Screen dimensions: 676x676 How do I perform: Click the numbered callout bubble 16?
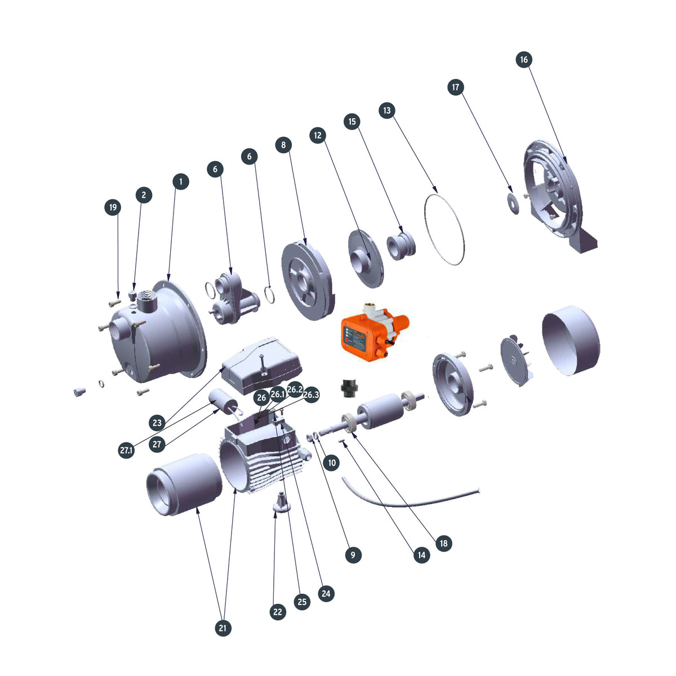point(523,60)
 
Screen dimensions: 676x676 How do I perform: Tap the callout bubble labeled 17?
point(456,87)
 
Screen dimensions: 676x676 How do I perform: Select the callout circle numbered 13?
point(386,110)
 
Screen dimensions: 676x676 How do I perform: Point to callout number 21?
point(224,628)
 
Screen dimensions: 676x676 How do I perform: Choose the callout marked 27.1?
point(127,450)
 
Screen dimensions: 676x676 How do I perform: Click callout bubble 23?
point(157,422)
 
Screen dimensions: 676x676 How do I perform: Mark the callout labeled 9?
point(353,555)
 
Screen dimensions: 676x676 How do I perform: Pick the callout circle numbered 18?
point(444,543)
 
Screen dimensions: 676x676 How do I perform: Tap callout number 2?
point(144,195)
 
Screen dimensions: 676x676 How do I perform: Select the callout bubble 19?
point(113,207)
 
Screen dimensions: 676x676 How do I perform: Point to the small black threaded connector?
point(348,388)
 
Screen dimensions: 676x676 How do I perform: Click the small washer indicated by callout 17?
point(513,202)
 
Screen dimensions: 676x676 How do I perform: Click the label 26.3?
point(311,395)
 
